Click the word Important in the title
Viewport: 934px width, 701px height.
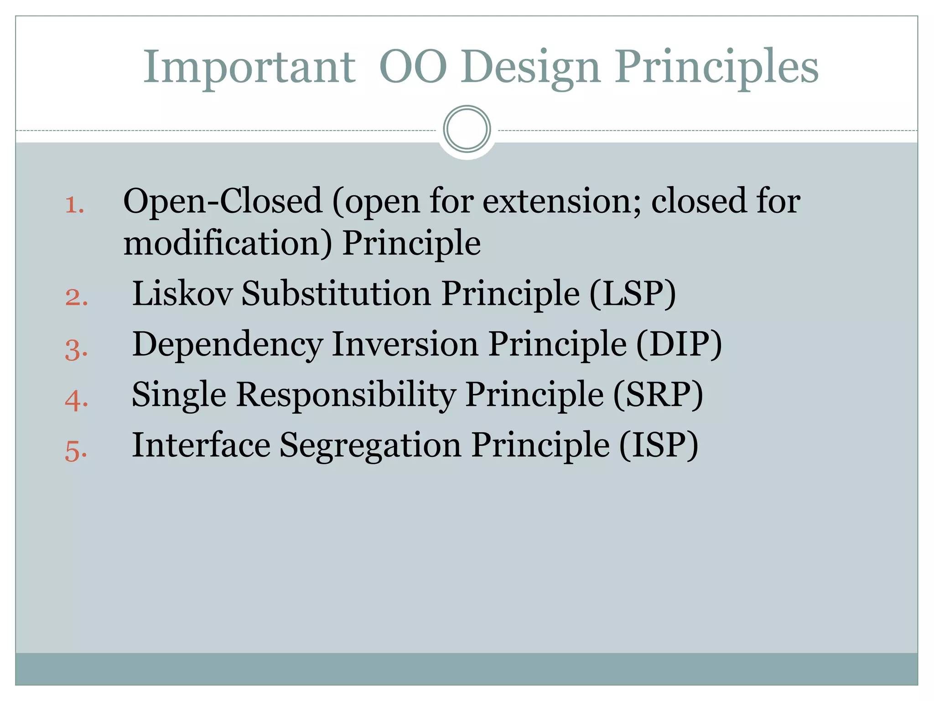point(249,67)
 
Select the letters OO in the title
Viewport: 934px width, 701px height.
point(413,67)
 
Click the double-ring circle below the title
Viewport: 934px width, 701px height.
point(467,129)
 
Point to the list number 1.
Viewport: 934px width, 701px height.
point(74,205)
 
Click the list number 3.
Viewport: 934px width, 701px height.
point(76,350)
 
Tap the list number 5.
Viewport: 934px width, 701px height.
point(76,451)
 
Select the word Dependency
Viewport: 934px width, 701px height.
point(227,345)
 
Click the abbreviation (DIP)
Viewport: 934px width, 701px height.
point(679,344)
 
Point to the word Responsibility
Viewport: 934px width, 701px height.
point(346,394)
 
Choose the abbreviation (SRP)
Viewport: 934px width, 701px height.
point(658,394)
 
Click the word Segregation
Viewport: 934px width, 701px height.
point(370,445)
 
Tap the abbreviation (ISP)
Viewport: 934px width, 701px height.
point(658,445)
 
